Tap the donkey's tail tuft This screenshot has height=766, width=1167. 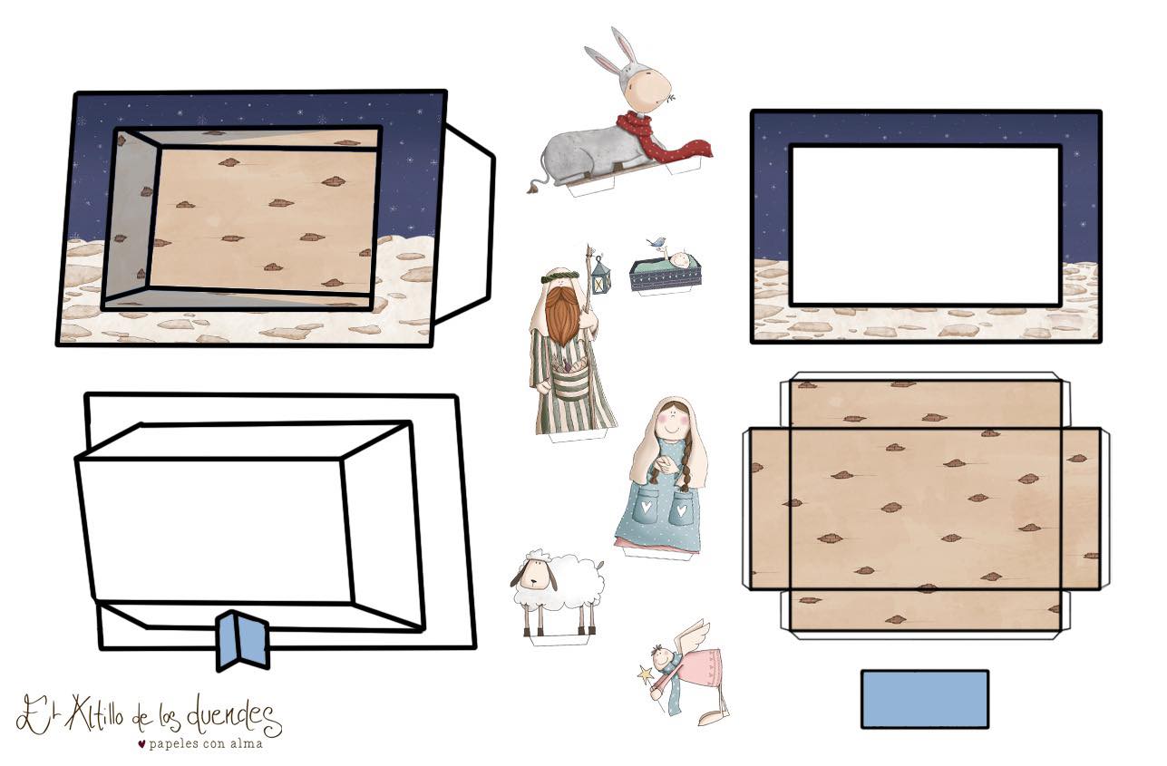[x=533, y=188]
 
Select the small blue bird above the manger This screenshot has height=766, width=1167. [x=656, y=241]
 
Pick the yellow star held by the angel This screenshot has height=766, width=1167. [x=645, y=674]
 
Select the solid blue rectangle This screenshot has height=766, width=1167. [x=925, y=699]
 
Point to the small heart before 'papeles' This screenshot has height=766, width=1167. [x=141, y=743]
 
